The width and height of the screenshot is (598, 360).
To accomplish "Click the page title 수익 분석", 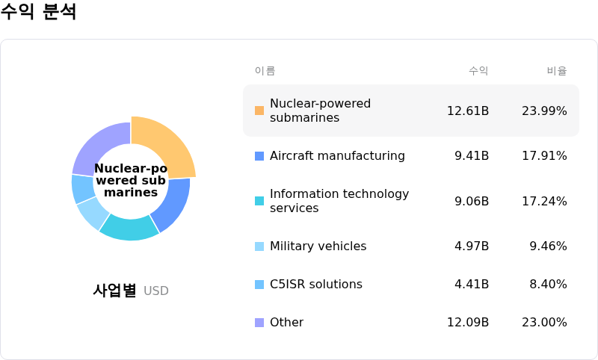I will [38, 13].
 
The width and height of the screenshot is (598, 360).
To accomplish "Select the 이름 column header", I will [265, 71].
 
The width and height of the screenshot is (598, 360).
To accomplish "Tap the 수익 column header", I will [478, 71].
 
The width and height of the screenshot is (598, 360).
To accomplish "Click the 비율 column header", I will [556, 71].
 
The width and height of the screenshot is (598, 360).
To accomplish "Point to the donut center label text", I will [131, 181].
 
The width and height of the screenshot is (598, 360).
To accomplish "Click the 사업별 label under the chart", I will [114, 291].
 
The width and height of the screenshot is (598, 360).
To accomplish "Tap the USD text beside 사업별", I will [156, 291].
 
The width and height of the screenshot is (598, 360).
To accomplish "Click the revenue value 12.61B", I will [467, 111].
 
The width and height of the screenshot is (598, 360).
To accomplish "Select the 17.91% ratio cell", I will [544, 156].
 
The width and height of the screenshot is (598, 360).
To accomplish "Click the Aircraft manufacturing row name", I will [337, 156].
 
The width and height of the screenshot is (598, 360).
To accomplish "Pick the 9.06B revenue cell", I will [471, 201].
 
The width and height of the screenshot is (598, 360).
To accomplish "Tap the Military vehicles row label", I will [318, 246].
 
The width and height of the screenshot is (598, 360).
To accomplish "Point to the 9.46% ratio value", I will [548, 246].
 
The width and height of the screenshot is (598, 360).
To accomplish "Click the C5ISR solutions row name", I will [315, 285].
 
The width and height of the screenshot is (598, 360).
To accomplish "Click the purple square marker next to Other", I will [259, 323].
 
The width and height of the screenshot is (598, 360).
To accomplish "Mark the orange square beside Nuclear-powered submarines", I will [259, 111].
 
